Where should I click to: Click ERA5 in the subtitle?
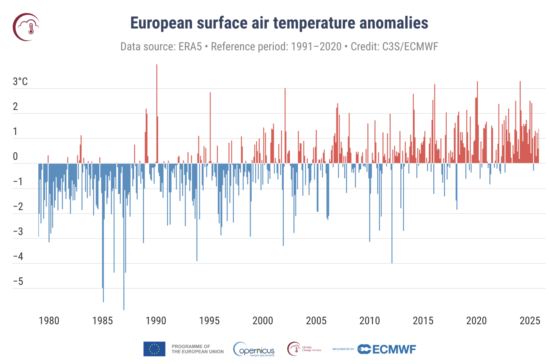point(190,47)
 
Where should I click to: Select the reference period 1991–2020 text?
point(316,47)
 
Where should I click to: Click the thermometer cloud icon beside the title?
point(27,27)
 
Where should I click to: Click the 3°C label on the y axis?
point(20,82)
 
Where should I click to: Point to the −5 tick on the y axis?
point(18,282)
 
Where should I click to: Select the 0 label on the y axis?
point(15,156)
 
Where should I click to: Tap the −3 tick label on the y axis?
point(18,232)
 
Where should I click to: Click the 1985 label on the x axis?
point(102,321)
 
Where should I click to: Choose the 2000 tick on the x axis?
point(262,321)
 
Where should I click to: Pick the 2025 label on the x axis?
point(530,321)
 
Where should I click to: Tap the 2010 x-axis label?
point(369,321)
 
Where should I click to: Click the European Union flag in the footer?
point(154,349)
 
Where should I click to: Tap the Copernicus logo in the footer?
point(254,349)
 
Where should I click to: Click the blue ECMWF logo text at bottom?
point(394,349)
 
